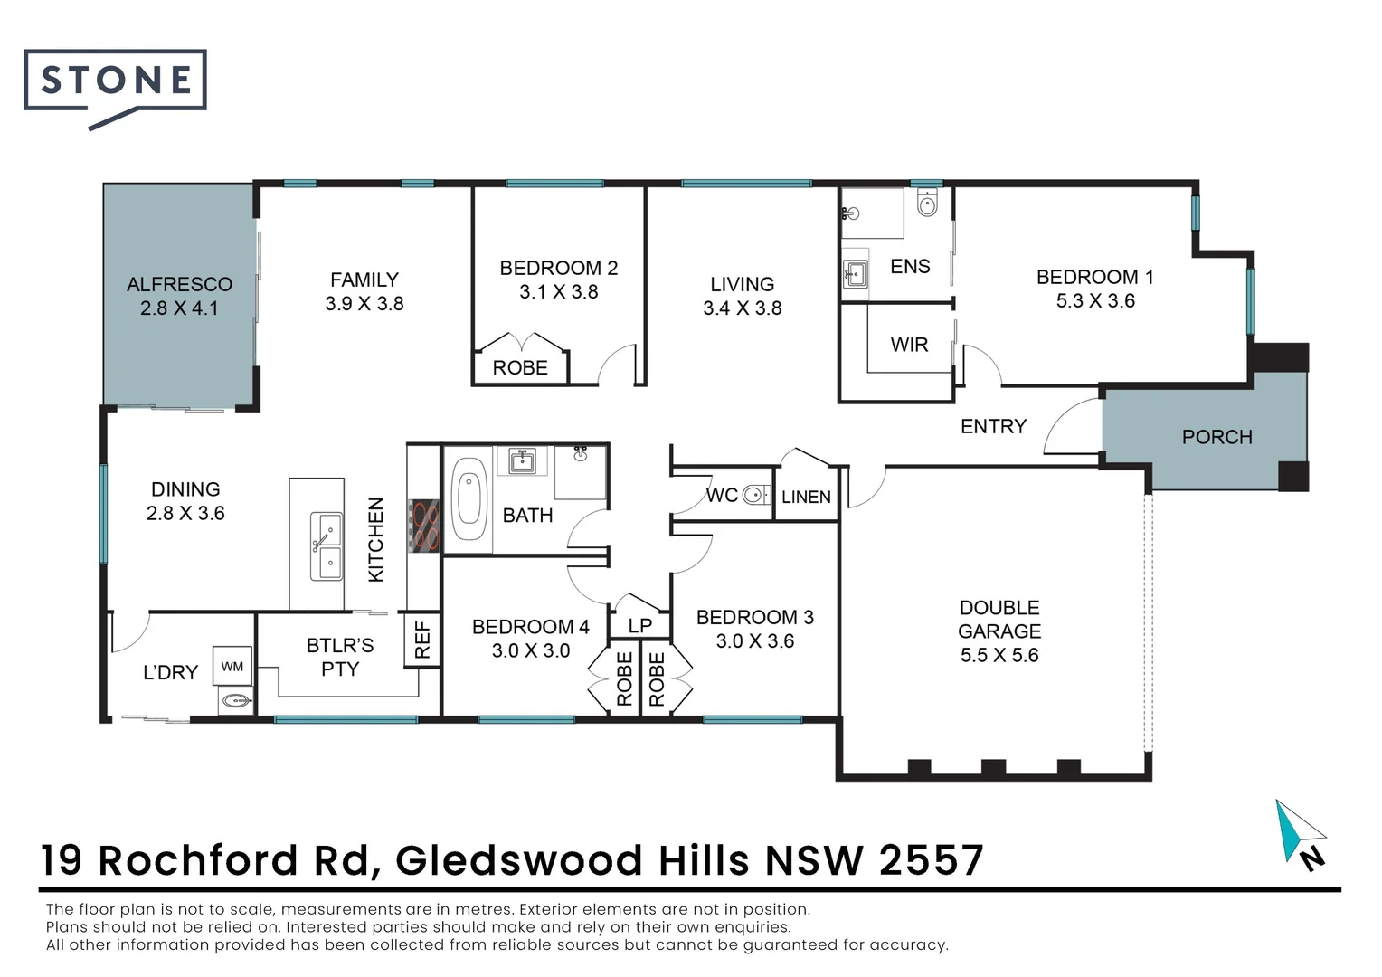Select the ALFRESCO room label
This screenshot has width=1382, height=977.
[x=179, y=284]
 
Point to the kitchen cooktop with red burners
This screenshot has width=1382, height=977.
[x=423, y=526]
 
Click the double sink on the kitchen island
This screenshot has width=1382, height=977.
[x=326, y=545]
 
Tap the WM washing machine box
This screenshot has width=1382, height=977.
[x=232, y=667]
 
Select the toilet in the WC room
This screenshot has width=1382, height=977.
[x=753, y=495]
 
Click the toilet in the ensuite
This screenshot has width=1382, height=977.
[x=927, y=203]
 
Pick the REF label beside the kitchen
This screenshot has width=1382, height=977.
[x=422, y=640]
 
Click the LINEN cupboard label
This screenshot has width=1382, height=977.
[x=806, y=497]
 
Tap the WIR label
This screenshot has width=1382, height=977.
[x=909, y=345]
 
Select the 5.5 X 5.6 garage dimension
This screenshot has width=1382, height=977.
[x=999, y=655]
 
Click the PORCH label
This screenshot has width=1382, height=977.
[x=1216, y=437]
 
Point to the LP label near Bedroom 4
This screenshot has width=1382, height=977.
[x=639, y=625]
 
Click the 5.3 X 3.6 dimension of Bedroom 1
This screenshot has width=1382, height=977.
[x=1095, y=301]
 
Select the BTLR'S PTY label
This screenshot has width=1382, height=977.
[x=340, y=658]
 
